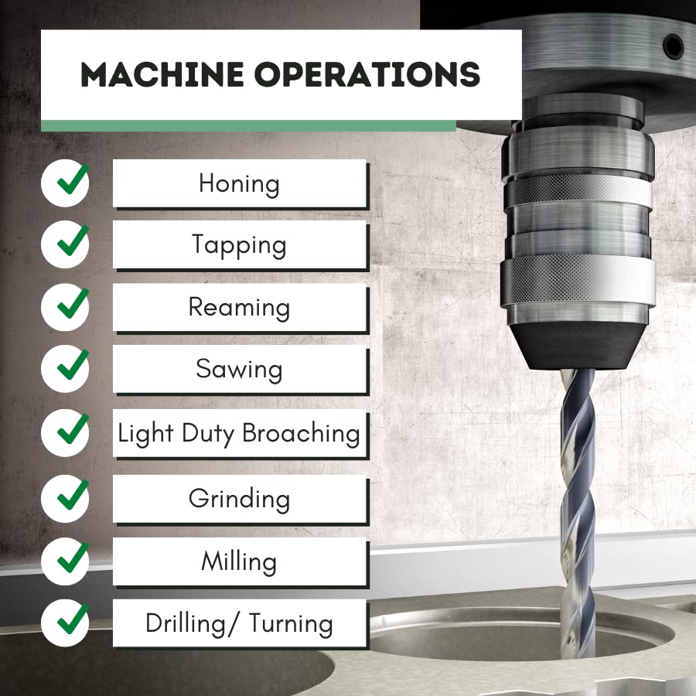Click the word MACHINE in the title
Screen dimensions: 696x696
click(162, 74)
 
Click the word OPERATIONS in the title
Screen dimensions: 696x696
click(367, 74)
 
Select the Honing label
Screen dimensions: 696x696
click(239, 184)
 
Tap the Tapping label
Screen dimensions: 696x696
click(239, 245)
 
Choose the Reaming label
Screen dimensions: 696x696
click(239, 307)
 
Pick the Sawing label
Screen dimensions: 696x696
click(239, 370)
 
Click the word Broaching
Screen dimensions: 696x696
click(301, 433)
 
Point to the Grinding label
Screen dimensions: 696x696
click(239, 499)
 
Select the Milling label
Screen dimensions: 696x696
click(239, 561)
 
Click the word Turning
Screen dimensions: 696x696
click(291, 623)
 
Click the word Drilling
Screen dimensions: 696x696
click(186, 624)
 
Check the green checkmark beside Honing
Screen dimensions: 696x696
click(73, 179)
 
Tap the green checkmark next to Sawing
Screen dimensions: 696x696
click(73, 365)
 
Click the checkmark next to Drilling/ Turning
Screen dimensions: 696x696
click(73, 619)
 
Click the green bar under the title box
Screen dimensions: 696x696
click(248, 125)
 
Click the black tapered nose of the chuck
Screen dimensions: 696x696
click(577, 346)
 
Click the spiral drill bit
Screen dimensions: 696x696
click(577, 510)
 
